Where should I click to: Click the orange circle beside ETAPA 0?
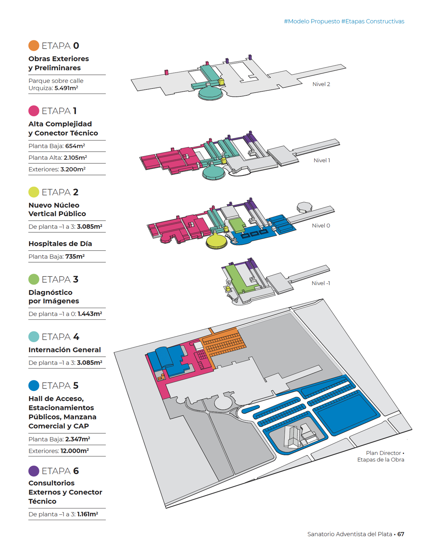[34, 46]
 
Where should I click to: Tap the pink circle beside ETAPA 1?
[34, 111]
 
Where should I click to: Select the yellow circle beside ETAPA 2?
[34, 192]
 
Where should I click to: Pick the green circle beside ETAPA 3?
[34, 279]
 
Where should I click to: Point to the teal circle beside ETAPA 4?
[34, 337]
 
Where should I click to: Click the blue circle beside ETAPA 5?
[34, 386]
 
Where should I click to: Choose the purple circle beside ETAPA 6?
[34, 471]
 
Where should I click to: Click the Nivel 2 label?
[321, 84]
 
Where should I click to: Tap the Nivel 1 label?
[322, 160]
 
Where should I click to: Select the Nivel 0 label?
[321, 226]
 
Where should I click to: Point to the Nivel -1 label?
[321, 283]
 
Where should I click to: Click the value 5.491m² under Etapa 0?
[66, 88]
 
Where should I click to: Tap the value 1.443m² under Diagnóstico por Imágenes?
[89, 314]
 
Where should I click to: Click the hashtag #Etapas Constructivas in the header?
[372, 21]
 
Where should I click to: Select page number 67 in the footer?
[401, 534]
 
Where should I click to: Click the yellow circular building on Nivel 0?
[216, 240]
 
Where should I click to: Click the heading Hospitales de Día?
[60, 244]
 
